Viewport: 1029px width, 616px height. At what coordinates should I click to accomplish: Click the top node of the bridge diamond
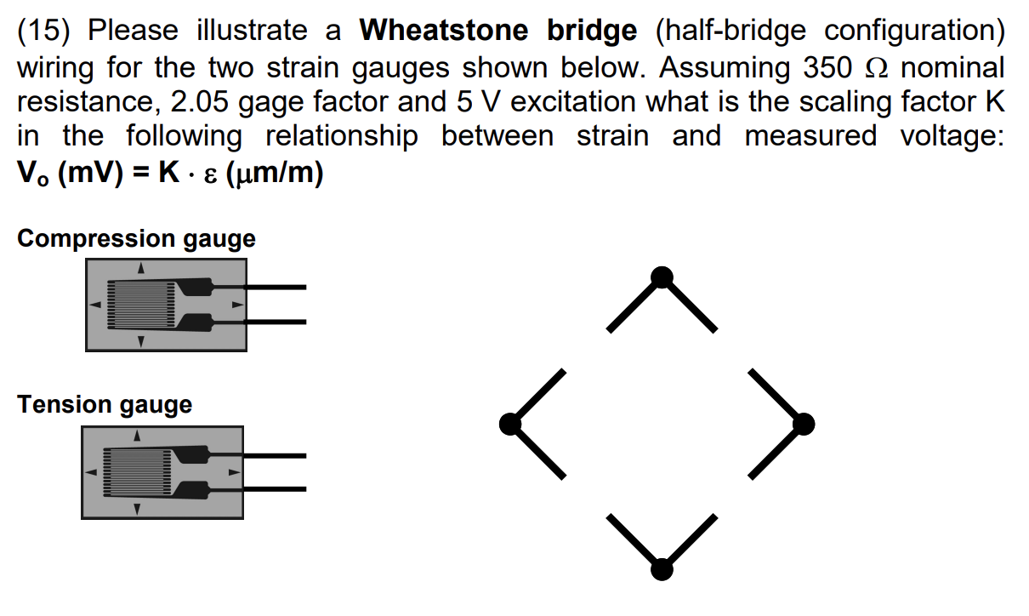pyautogui.click(x=662, y=277)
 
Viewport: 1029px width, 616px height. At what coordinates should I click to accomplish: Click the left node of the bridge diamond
pyautogui.click(x=509, y=423)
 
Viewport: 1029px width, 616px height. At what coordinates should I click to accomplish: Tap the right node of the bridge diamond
pyautogui.click(x=804, y=423)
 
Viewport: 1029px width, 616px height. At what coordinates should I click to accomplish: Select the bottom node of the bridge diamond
pyautogui.click(x=662, y=568)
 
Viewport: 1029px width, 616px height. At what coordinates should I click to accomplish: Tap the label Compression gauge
pyautogui.click(x=136, y=238)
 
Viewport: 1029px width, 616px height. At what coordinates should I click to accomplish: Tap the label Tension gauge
pyautogui.click(x=105, y=404)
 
